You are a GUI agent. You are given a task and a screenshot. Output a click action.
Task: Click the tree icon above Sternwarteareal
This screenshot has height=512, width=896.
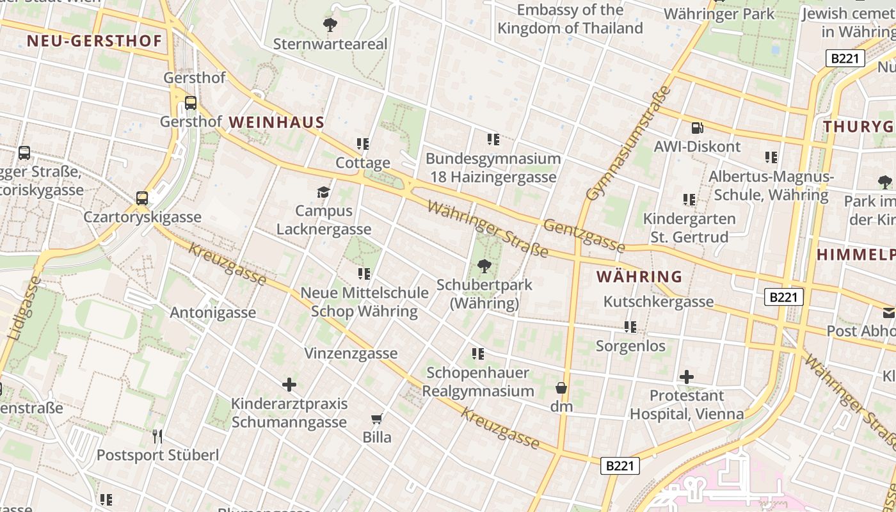(x=330, y=25)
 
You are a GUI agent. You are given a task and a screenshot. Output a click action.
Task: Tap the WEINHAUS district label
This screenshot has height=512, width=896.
(x=276, y=122)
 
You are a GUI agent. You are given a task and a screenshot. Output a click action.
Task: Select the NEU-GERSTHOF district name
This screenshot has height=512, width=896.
(x=94, y=42)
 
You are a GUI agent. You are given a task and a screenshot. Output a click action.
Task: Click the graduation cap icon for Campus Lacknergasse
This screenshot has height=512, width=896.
(x=324, y=192)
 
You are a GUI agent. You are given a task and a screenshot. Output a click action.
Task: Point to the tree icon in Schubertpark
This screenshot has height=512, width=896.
(x=484, y=266)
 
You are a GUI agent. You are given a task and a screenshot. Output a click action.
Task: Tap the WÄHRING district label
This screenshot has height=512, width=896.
(x=639, y=276)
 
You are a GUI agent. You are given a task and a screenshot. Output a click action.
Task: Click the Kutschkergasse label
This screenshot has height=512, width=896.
(x=659, y=301)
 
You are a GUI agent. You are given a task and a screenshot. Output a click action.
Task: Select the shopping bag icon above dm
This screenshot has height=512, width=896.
(x=561, y=388)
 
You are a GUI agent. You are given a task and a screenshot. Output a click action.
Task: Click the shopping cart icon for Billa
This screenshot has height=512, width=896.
(x=377, y=419)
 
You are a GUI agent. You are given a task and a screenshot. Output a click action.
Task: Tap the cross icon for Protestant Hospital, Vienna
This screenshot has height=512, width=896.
(x=686, y=376)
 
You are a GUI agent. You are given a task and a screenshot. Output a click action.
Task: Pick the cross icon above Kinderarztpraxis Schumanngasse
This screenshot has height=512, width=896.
(x=289, y=384)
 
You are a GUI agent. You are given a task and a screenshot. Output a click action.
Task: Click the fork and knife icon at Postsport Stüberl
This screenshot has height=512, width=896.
(x=157, y=436)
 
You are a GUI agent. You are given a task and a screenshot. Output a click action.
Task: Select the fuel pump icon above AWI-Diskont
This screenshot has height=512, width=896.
(x=697, y=128)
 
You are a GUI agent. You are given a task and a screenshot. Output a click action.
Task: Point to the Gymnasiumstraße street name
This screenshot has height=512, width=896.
(x=628, y=143)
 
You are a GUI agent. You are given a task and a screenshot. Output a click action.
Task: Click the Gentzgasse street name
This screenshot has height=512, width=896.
(x=584, y=234)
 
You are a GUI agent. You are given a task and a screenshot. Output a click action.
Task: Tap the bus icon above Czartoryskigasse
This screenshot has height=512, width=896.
(x=142, y=198)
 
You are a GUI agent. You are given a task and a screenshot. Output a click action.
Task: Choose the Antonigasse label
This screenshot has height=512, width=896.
(x=212, y=312)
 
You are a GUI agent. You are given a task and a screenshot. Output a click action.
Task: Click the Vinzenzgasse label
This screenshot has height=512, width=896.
(x=351, y=353)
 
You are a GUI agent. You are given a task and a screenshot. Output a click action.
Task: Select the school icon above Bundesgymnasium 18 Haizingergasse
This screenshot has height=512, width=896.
(x=493, y=139)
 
